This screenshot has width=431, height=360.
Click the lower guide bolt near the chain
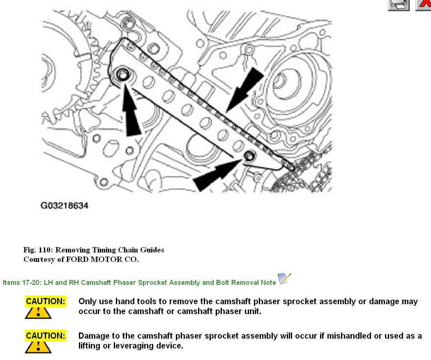[249, 156]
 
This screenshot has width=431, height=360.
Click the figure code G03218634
[64, 205]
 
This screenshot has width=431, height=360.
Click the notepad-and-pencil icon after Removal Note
[284, 279]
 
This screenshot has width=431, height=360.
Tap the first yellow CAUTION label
[46, 301]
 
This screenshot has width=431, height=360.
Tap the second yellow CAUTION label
[46, 336]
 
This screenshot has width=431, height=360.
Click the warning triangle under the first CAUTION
[38, 312]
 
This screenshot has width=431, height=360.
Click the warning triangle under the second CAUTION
[38, 347]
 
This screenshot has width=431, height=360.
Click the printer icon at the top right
[398, 5]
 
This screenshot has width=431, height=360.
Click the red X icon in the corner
[424, 5]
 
